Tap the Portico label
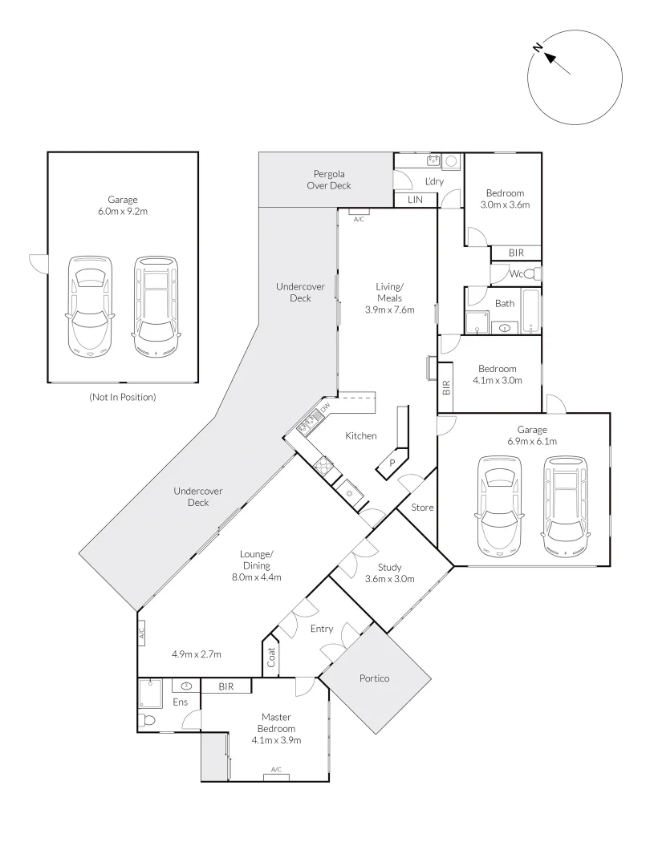pyautogui.click(x=374, y=678)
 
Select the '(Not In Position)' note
pyautogui.click(x=123, y=396)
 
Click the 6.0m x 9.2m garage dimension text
pyautogui.click(x=123, y=212)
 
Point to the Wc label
pyautogui.click(x=506, y=274)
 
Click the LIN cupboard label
pyautogui.click(x=415, y=200)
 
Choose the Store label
pyautogui.click(x=422, y=508)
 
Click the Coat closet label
pyautogui.click(x=271, y=658)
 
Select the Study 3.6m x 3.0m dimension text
pyautogui.click(x=389, y=579)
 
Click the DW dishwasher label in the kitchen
pyautogui.click(x=325, y=408)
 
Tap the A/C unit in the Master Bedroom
pyautogui.click(x=276, y=772)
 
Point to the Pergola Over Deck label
pyautogui.click(x=329, y=180)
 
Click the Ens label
pyautogui.click(x=180, y=702)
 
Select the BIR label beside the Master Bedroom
pyautogui.click(x=225, y=687)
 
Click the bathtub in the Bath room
pyautogui.click(x=530, y=311)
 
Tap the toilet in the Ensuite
pyautogui.click(x=146, y=719)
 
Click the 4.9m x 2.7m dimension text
pyautogui.click(x=197, y=654)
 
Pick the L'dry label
pyautogui.click(x=433, y=181)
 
